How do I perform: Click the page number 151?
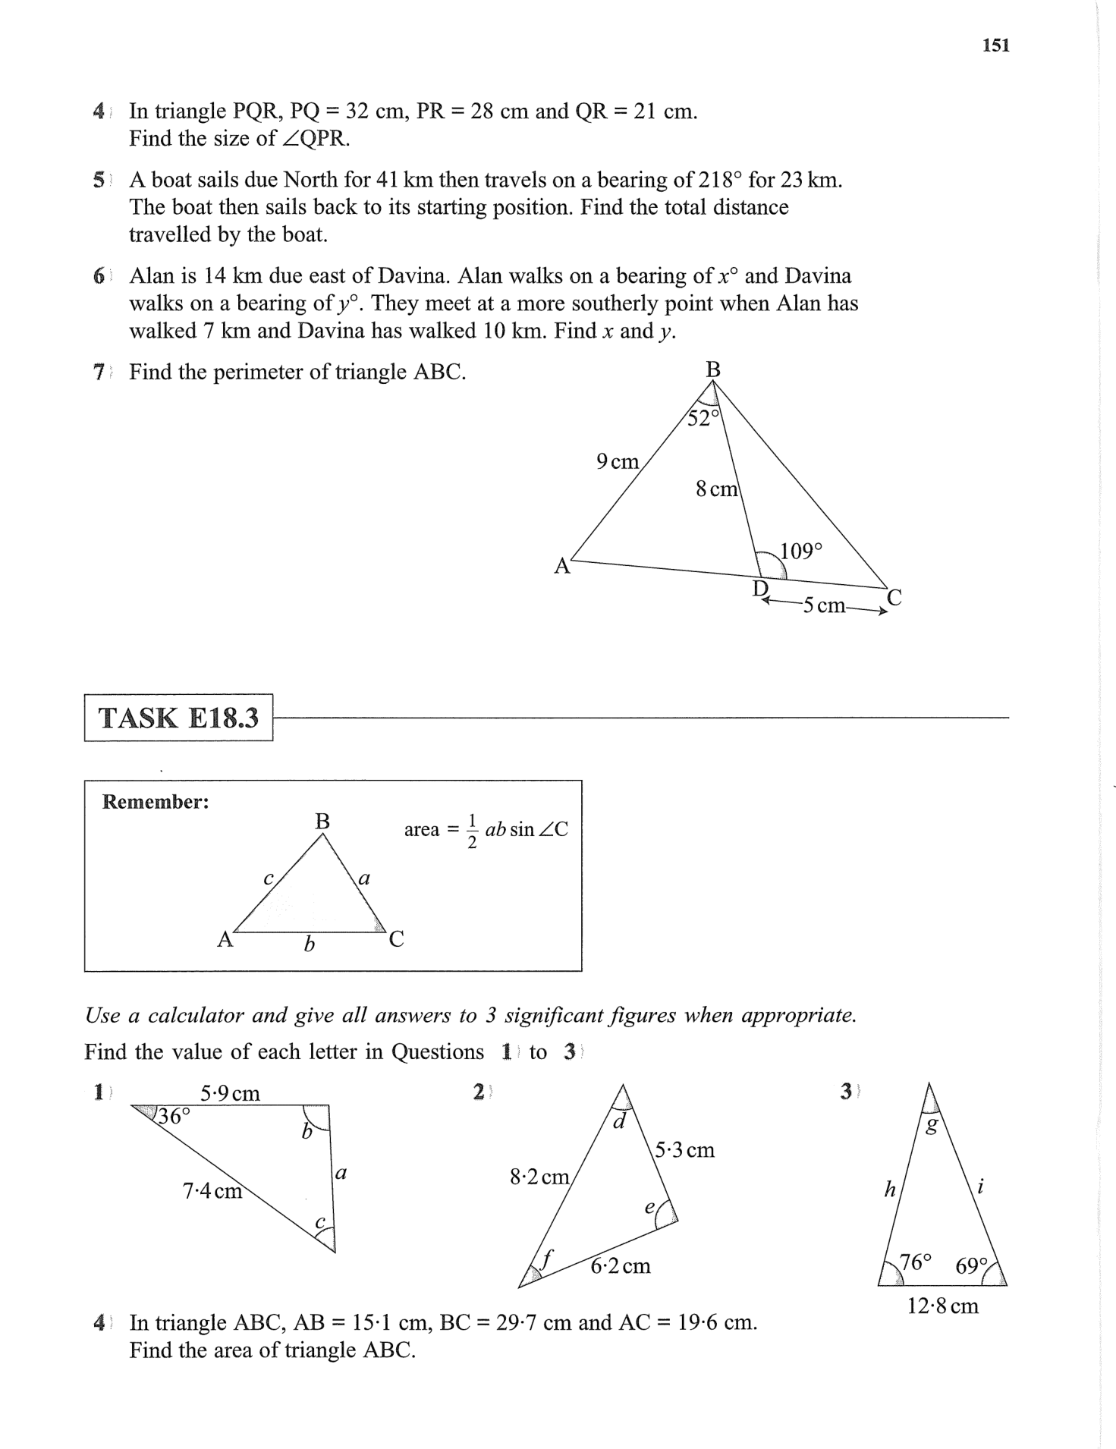[x=995, y=46]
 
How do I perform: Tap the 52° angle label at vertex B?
[x=702, y=418]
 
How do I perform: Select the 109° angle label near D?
[x=801, y=551]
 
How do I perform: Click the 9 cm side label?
[x=618, y=461]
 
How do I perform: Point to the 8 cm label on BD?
[x=716, y=489]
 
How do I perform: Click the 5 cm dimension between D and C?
[x=823, y=605]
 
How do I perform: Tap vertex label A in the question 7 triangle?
[x=561, y=566]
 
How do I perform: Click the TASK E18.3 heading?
[x=178, y=717]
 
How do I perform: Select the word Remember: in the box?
[x=156, y=802]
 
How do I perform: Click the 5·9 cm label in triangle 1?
[x=230, y=1093]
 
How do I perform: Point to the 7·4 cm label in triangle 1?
[x=212, y=1191]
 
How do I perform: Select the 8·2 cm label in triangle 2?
[x=539, y=1177]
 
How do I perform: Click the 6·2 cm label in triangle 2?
[x=621, y=1266]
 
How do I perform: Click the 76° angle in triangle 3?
[x=914, y=1262]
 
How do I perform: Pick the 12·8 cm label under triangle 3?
[x=943, y=1306]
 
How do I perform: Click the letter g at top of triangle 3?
[x=932, y=1126]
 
